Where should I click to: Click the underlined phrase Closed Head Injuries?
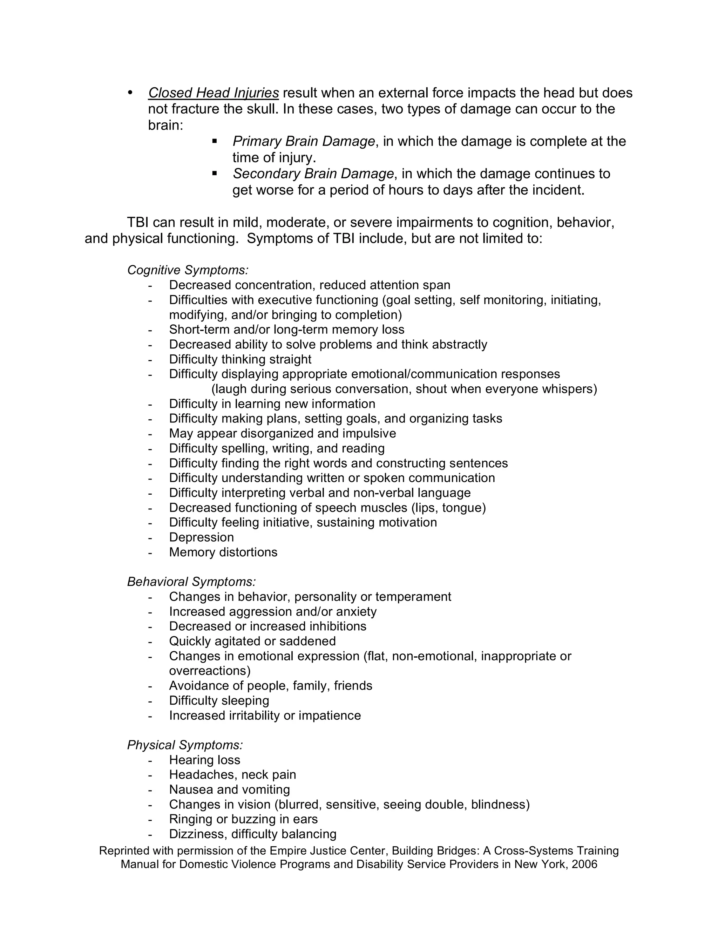tap(213, 93)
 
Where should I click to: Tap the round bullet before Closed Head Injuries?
tap(130, 93)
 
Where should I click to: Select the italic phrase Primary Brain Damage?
tap(304, 141)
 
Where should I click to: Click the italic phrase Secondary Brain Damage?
tap(313, 174)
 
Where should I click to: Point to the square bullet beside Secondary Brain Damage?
tap(215, 173)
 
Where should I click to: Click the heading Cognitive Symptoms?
tap(188, 270)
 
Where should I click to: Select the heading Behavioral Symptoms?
tap(191, 582)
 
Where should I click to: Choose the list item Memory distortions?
tap(223, 552)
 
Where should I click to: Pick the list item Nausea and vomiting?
tap(229, 789)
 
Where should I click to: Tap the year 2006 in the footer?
tap(584, 864)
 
